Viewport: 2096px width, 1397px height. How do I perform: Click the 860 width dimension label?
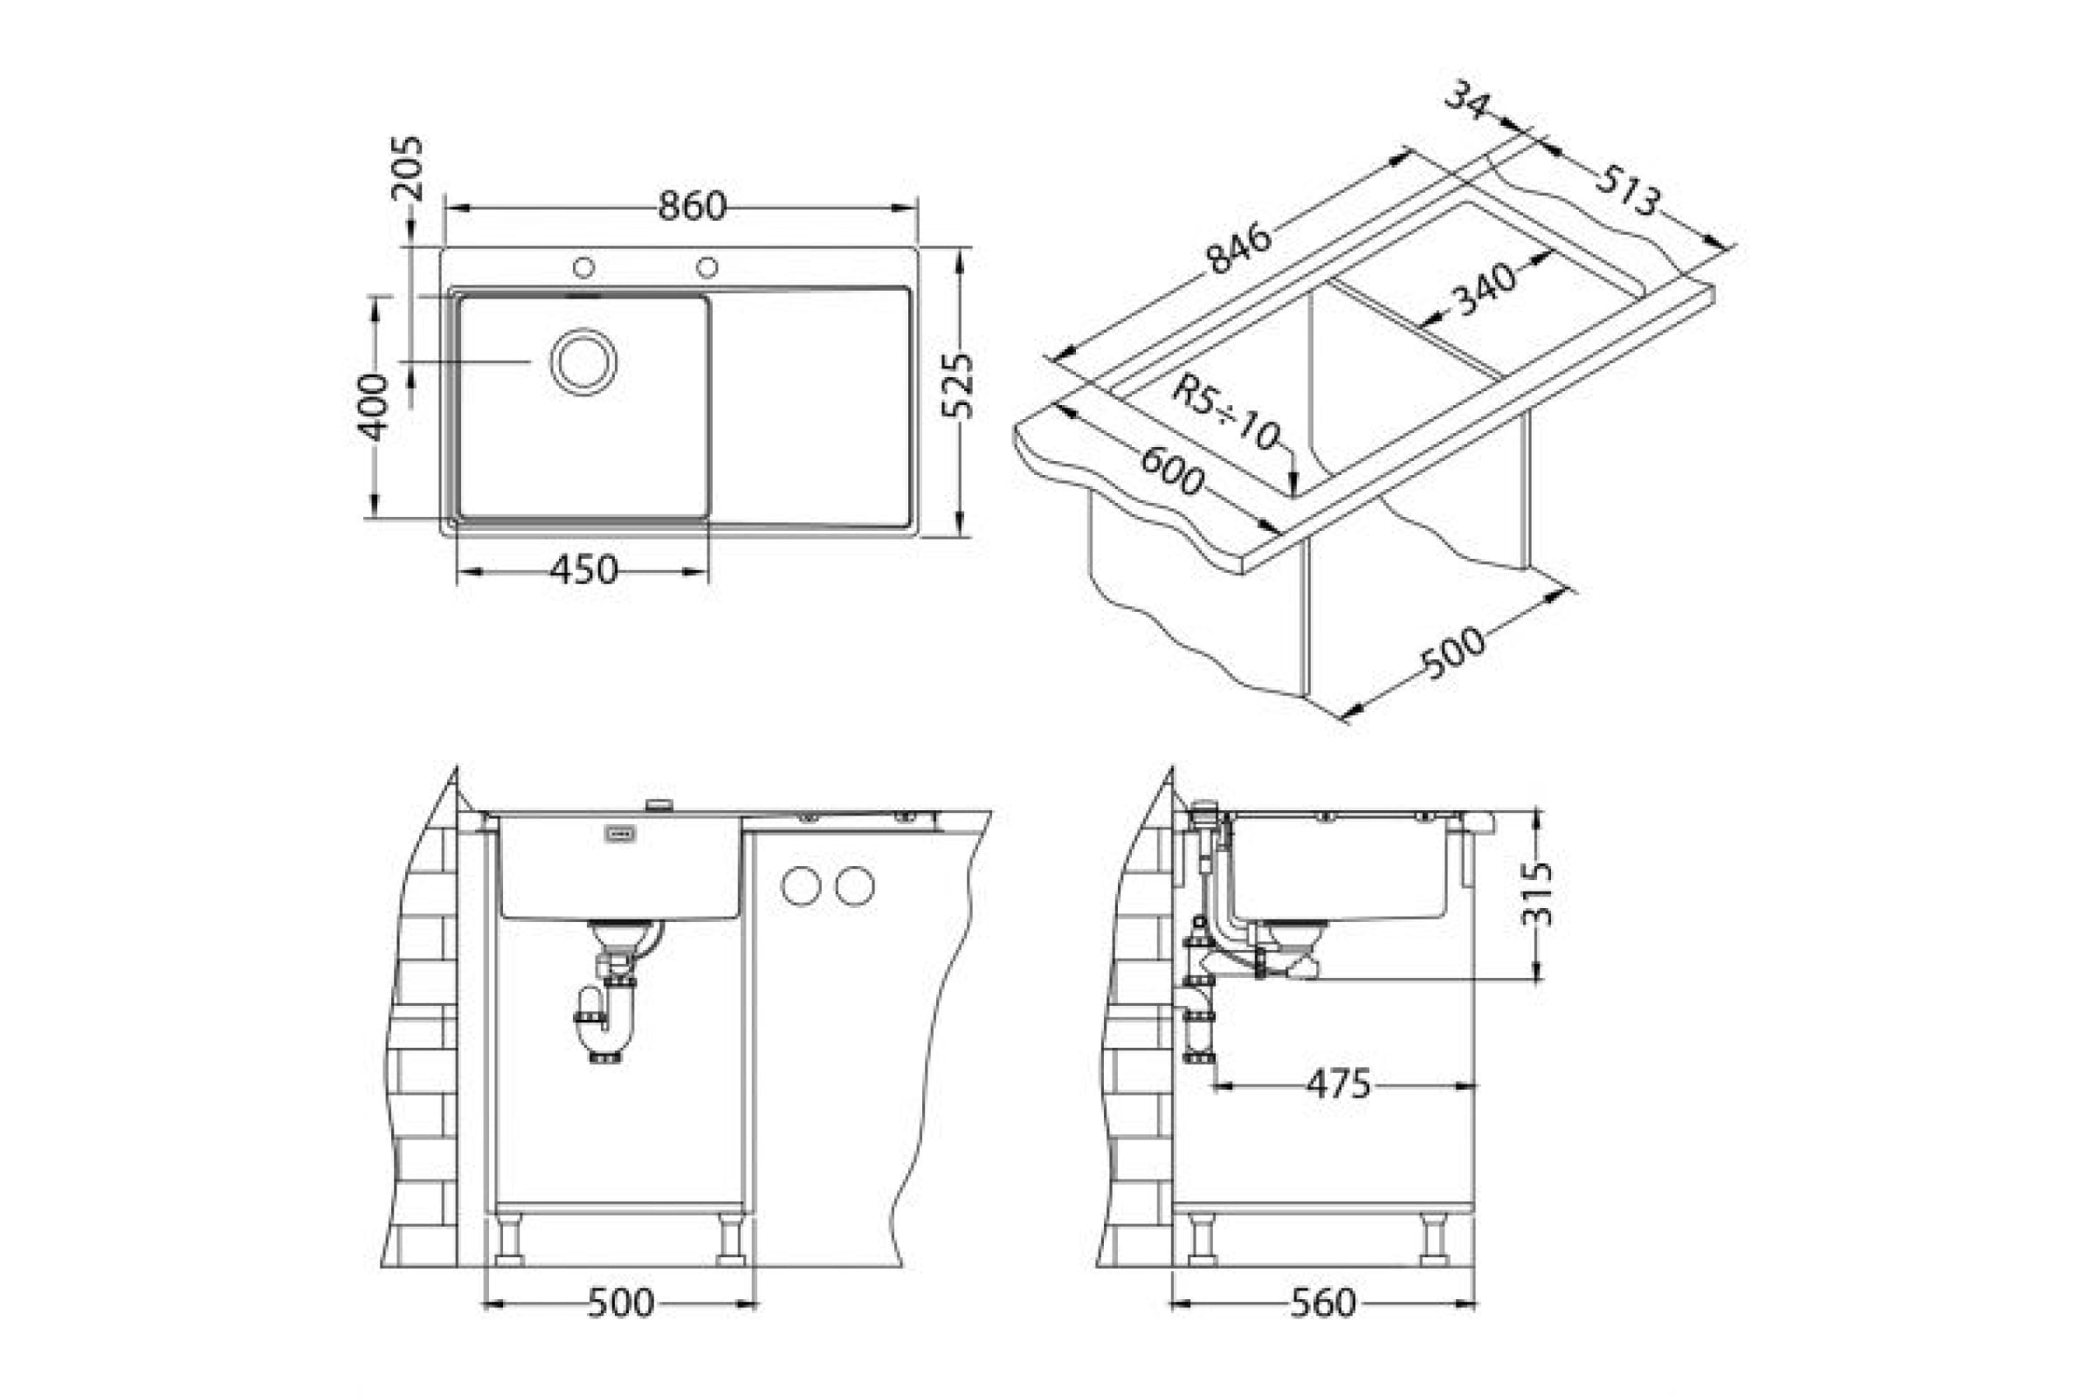[x=693, y=207]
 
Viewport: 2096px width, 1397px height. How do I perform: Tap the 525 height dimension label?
[x=959, y=386]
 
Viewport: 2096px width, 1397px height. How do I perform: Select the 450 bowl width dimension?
[x=583, y=570]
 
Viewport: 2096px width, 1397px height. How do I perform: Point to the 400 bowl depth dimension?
[x=374, y=407]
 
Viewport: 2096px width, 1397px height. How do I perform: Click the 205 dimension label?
[x=408, y=168]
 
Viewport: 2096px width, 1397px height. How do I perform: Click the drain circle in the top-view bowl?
[x=583, y=361]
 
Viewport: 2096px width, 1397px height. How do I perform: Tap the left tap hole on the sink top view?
[x=583, y=266]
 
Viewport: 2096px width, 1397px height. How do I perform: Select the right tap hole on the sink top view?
[x=707, y=266]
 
